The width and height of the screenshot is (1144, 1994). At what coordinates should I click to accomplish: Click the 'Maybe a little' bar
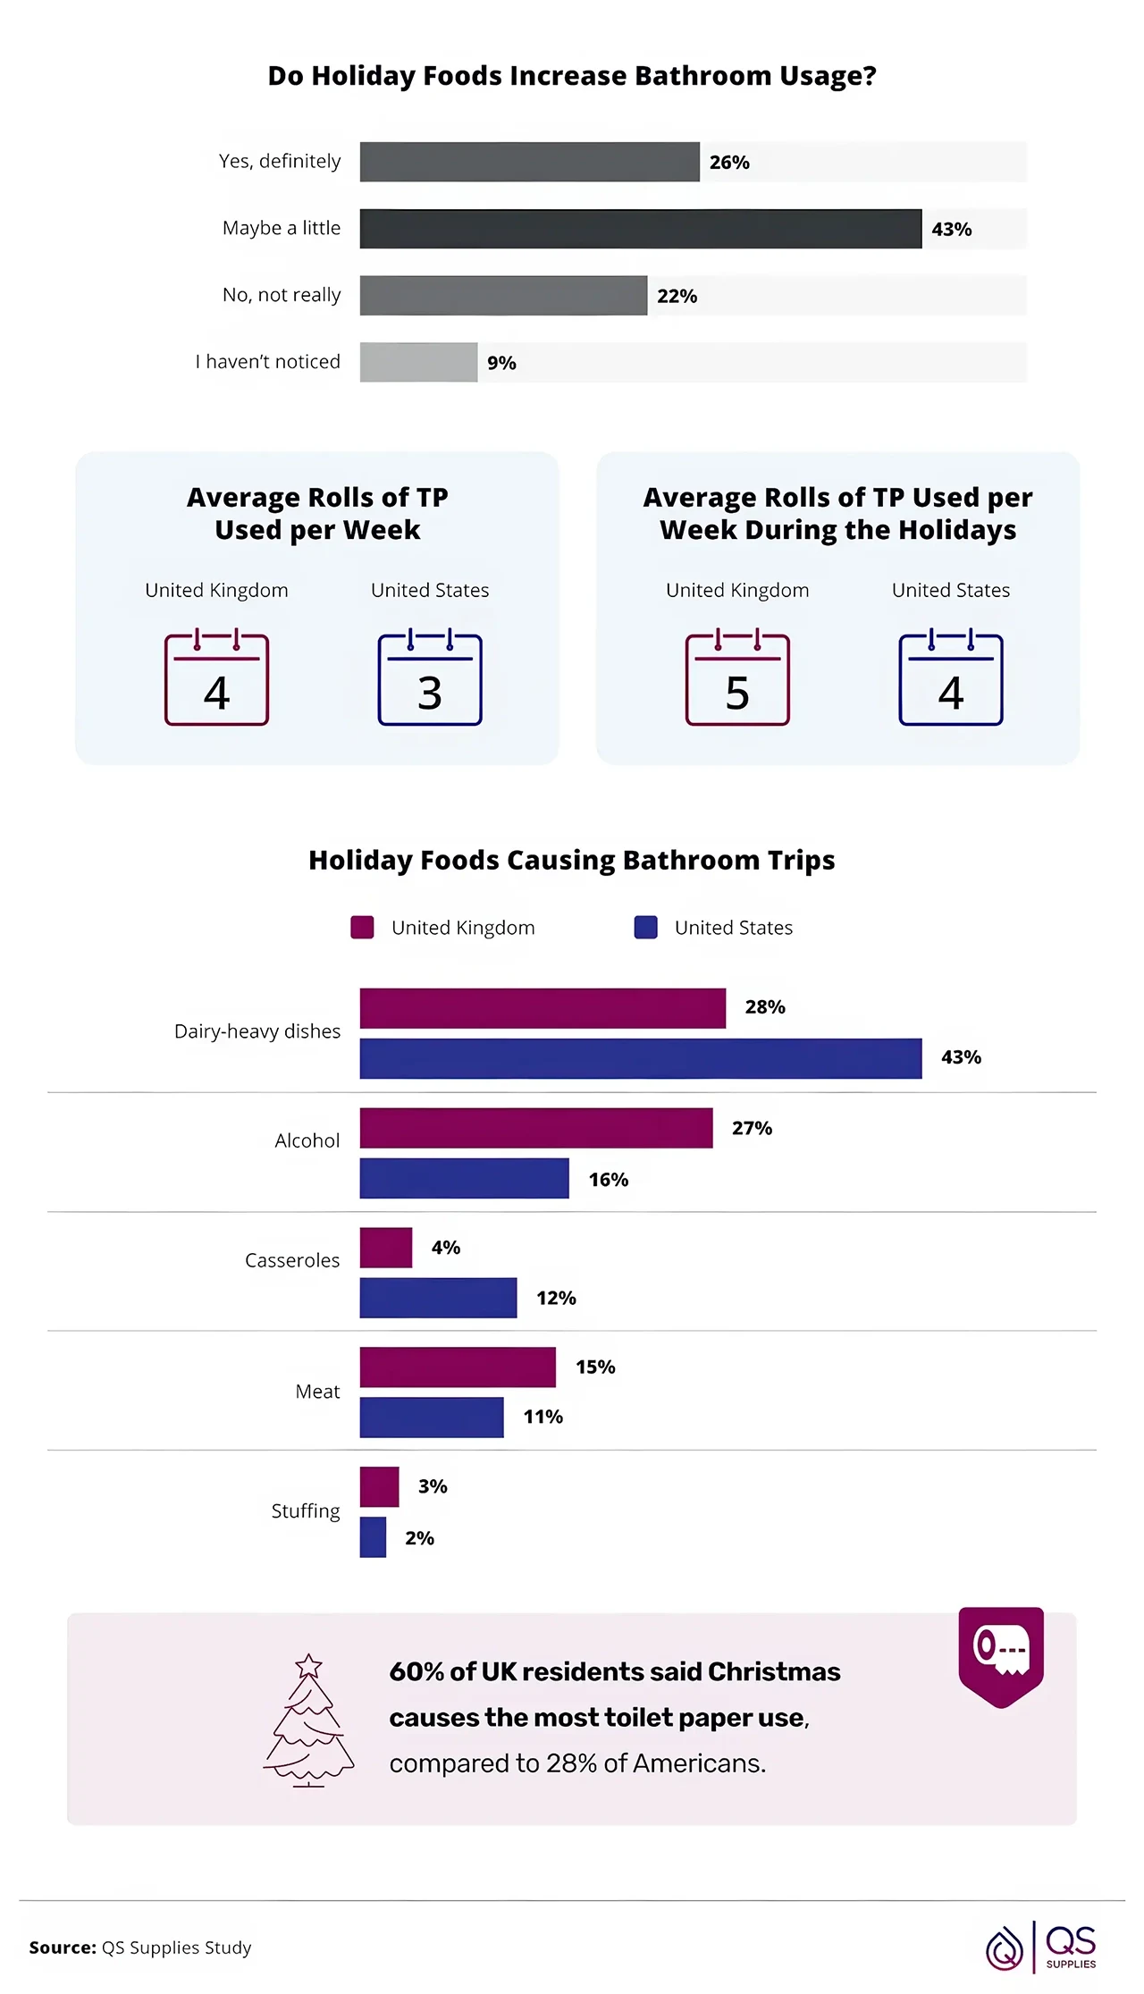640,229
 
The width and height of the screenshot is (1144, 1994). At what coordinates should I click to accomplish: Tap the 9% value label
501,363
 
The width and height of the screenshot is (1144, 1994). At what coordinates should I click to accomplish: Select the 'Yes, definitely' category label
280,161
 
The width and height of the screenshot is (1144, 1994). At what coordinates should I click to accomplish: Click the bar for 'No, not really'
503,296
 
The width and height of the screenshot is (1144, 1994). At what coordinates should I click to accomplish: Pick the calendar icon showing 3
430,679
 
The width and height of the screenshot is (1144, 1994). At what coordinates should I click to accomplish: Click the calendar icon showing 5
737,679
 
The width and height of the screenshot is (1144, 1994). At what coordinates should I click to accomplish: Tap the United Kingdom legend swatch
362,927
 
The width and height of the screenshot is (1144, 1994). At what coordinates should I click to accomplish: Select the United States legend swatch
645,927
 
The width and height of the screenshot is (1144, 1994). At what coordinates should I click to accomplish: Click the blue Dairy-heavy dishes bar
640,1058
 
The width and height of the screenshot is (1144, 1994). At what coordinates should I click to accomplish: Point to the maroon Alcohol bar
536,1128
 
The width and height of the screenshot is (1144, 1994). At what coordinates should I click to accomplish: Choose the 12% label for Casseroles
556,1298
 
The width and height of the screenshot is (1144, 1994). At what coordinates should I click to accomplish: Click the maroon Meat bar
458,1367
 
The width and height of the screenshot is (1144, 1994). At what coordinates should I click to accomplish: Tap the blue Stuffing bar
373,1537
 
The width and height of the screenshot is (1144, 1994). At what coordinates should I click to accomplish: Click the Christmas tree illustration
309,1721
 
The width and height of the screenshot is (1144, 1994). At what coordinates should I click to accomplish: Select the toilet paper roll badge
1001,1653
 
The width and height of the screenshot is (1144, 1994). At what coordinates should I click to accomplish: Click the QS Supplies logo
1042,1947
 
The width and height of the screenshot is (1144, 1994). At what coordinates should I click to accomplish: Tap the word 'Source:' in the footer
63,1947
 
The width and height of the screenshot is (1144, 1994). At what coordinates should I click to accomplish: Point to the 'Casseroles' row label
292,1260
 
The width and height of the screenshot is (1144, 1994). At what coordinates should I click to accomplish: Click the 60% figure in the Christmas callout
416,1671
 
